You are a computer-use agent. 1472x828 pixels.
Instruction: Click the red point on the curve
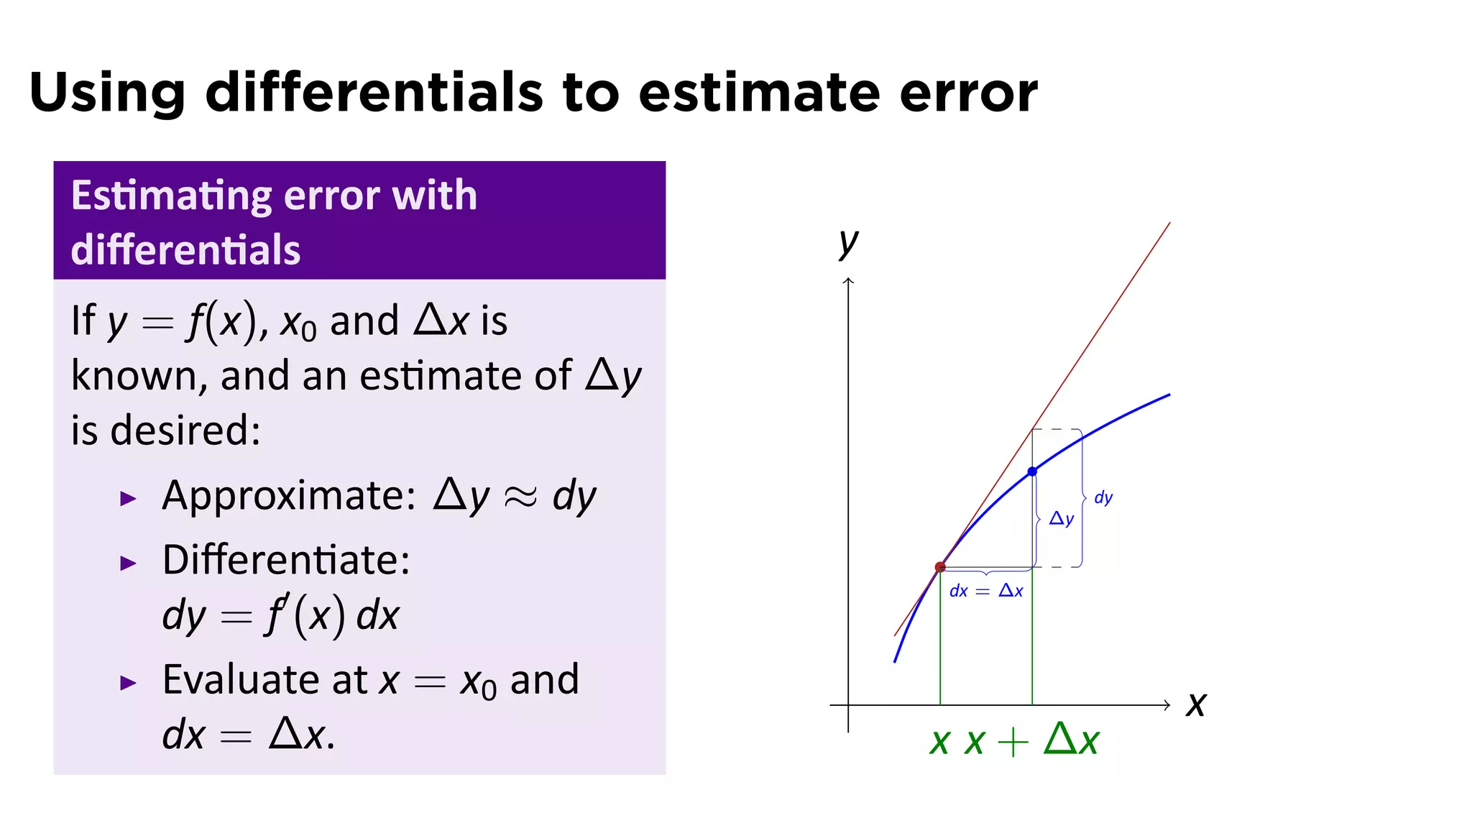pos(940,567)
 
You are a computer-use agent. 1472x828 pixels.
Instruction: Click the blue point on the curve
pos(1032,471)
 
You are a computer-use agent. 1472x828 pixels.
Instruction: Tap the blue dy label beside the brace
pos(1103,497)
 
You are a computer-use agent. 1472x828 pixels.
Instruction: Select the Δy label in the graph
pos(1062,518)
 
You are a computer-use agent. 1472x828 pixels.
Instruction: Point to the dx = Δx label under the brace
pos(986,591)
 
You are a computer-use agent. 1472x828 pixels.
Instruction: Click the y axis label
pos(849,242)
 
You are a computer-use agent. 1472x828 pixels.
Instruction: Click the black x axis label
pos(1196,704)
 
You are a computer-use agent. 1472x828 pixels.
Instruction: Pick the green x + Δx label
pos(1032,740)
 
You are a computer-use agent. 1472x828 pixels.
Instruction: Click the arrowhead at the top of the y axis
pos(849,281)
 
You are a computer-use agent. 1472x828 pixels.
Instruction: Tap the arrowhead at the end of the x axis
pos(1167,705)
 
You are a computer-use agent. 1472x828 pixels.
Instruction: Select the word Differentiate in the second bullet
pos(285,559)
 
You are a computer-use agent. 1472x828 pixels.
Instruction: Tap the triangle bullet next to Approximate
pos(128,498)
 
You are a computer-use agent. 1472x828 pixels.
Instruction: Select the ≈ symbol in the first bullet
pos(520,497)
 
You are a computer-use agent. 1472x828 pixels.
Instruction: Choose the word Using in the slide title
pos(107,94)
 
